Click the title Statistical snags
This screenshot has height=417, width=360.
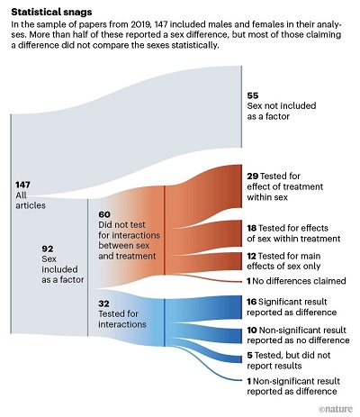[x=51, y=12]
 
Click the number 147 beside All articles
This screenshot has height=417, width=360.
[x=22, y=185]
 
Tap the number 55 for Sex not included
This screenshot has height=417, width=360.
[x=253, y=95]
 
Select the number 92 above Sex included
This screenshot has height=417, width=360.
[x=48, y=249]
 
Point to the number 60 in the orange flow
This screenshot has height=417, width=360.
[x=104, y=214]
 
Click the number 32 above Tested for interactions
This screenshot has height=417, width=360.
[x=103, y=304]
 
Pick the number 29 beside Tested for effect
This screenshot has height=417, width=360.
[x=253, y=176]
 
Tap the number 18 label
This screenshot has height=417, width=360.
[x=252, y=228]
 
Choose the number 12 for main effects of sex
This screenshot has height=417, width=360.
[x=251, y=256]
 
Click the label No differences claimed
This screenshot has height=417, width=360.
[x=299, y=281]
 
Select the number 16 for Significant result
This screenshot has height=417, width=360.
[x=251, y=302]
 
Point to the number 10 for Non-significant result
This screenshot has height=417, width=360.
[x=252, y=330]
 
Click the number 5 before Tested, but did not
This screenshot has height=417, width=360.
[x=249, y=355]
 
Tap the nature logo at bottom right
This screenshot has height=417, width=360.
[x=336, y=409]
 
